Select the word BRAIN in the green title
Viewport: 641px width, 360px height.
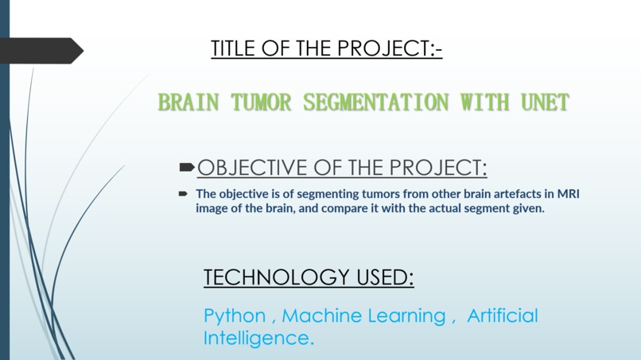185,103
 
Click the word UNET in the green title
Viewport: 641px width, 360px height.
545,103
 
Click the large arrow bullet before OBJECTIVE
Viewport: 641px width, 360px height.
187,167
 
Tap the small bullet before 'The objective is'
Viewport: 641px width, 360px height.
182,193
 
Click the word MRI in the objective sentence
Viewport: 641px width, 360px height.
568,193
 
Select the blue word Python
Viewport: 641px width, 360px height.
235,316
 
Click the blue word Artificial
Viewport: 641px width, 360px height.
503,315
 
